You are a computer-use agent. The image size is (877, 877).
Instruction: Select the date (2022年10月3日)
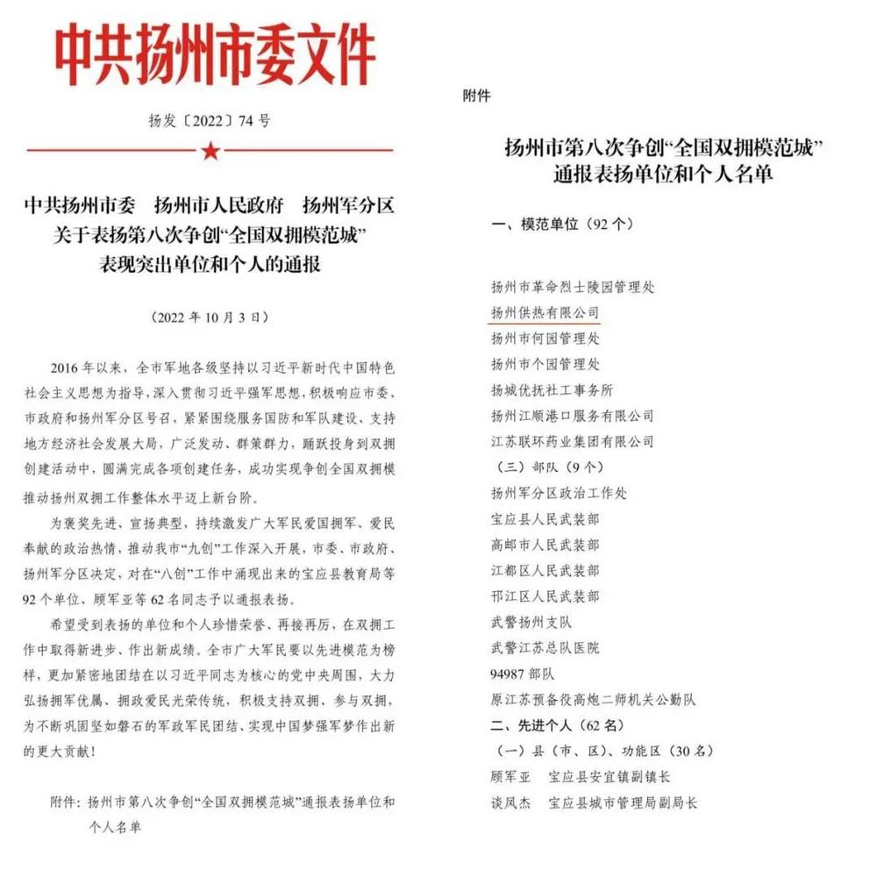coord(210,316)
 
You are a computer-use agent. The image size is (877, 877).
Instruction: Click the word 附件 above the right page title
coord(476,96)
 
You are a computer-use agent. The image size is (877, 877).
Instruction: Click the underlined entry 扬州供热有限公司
coord(545,312)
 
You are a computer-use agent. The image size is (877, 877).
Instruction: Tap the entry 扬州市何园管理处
coord(545,338)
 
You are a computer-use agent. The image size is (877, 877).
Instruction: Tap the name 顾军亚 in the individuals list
coord(510,777)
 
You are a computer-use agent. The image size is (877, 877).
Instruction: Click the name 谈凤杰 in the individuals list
coord(510,802)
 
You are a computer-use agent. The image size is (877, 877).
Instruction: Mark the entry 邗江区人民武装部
coord(545,596)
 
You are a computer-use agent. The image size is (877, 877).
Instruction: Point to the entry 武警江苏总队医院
coord(545,648)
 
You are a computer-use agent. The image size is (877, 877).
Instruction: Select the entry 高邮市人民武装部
coord(545,545)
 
